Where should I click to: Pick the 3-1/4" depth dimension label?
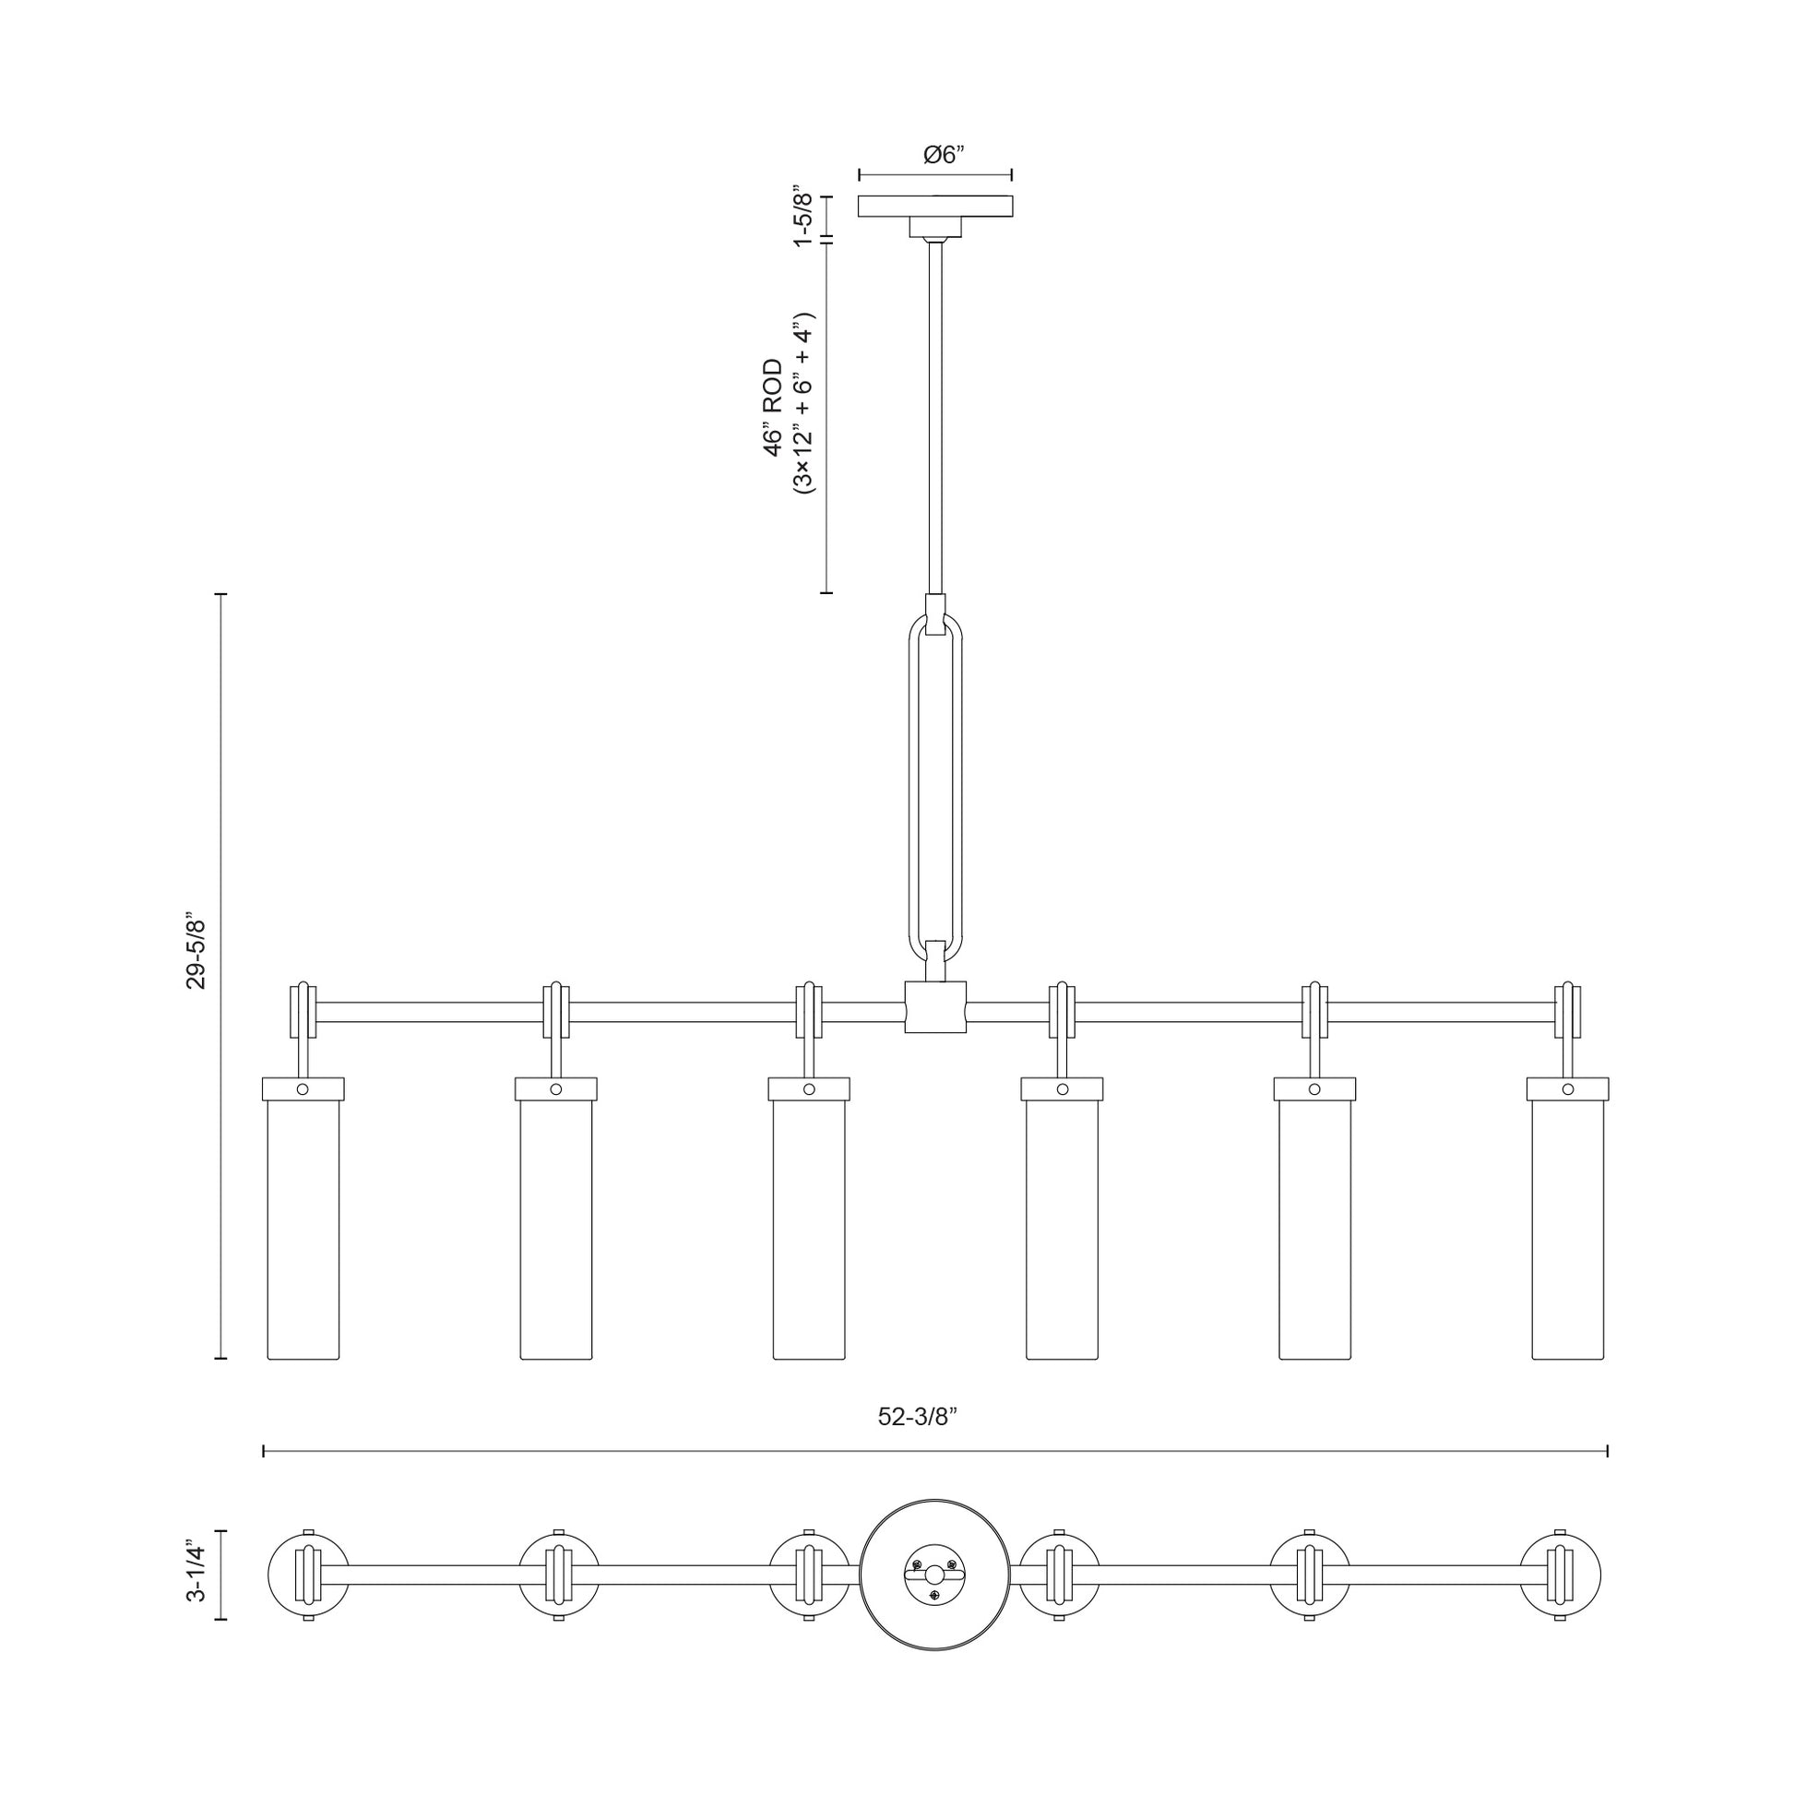[196, 1574]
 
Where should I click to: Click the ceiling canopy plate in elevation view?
[934, 207]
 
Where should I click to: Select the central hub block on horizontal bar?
[934, 1007]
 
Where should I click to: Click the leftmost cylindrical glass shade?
[303, 1231]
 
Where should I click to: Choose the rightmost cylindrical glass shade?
[1567, 1231]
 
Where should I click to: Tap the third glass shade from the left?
[809, 1231]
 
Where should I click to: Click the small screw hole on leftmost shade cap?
[303, 1088]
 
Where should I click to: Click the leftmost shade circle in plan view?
[307, 1574]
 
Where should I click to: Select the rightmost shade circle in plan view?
[1561, 1574]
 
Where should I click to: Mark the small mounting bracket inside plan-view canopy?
[934, 1574]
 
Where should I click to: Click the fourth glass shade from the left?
[1062, 1231]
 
